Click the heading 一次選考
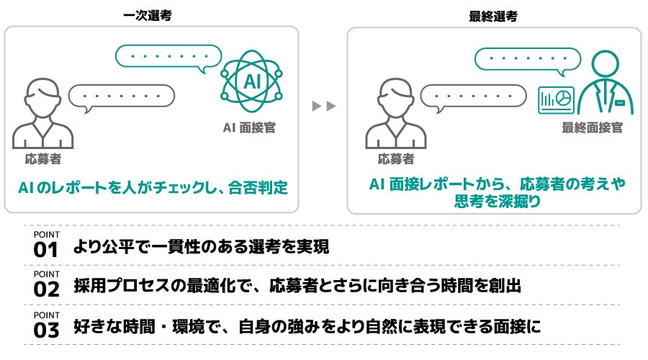[x=152, y=15]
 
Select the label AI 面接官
[x=248, y=127]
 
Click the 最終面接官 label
[x=593, y=127]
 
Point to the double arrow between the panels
[x=324, y=107]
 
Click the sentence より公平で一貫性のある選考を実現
[x=202, y=248]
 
